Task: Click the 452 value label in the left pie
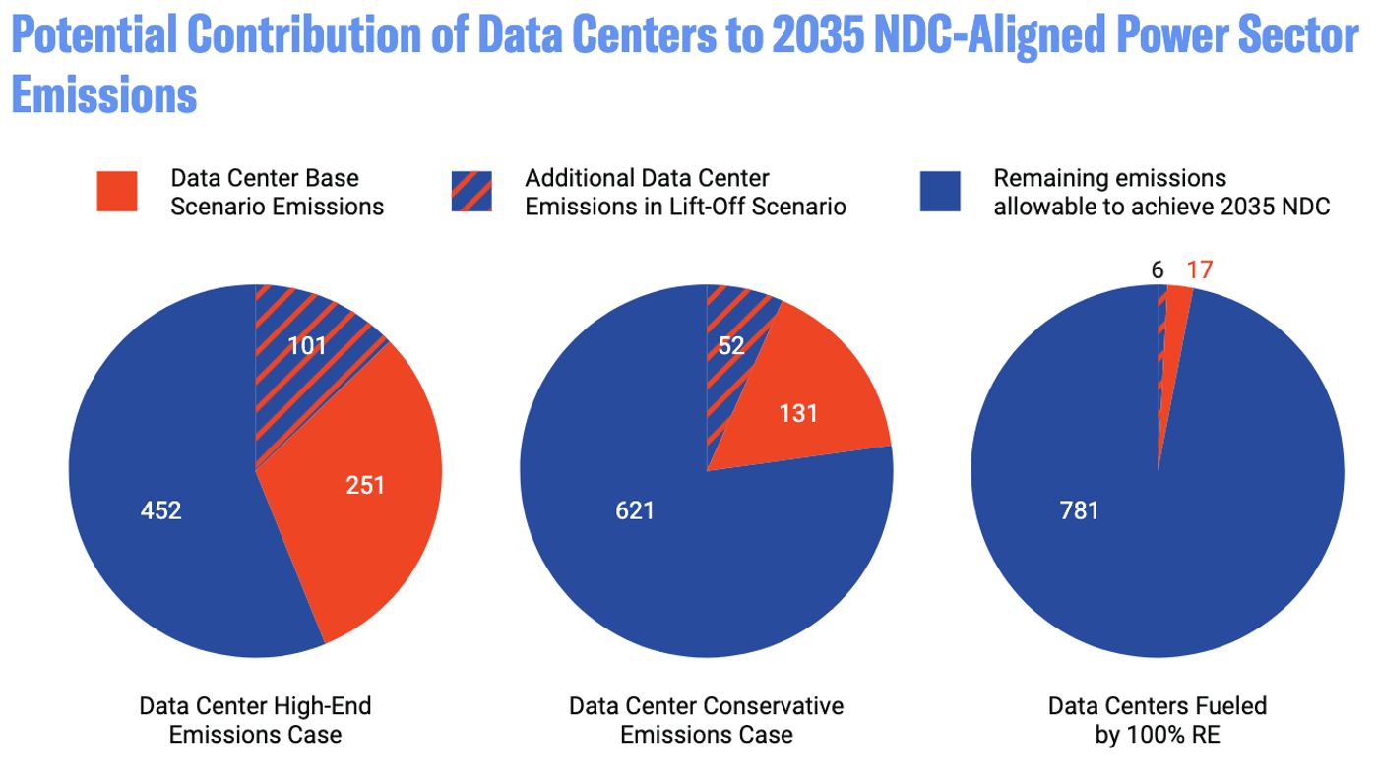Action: coord(161,511)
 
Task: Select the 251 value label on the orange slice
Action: coord(365,485)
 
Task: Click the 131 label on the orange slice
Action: coord(798,414)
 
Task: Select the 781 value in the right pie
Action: coord(1079,510)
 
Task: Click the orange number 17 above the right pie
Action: coord(1200,269)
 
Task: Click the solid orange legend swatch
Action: coord(117,191)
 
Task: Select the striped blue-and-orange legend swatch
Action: coord(471,191)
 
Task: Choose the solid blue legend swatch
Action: coord(940,191)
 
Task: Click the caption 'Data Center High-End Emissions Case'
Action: coord(255,720)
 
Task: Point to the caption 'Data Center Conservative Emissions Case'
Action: coord(707,720)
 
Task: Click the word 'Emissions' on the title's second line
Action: coord(104,95)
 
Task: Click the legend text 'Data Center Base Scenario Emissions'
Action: coord(278,192)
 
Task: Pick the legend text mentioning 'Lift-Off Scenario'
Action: coord(685,192)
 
